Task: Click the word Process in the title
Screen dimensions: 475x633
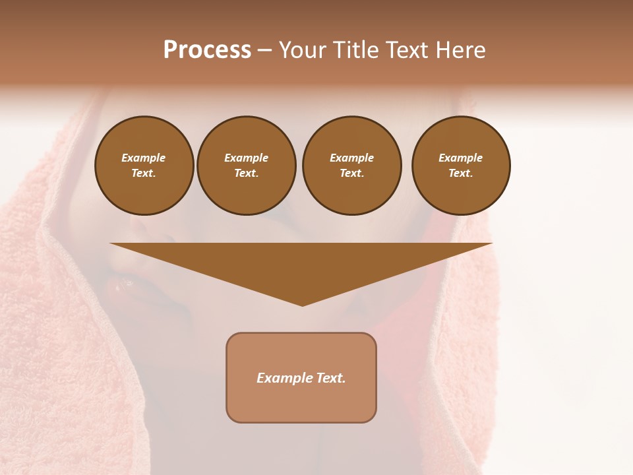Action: pyautogui.click(x=207, y=50)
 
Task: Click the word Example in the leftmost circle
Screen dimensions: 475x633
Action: pyautogui.click(x=144, y=158)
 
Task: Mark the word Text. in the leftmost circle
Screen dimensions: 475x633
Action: pyautogui.click(x=144, y=173)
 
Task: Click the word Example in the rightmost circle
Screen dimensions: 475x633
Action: pyautogui.click(x=460, y=158)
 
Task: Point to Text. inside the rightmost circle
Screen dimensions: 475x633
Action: pyautogui.click(x=460, y=173)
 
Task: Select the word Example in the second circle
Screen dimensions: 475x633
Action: pyautogui.click(x=246, y=158)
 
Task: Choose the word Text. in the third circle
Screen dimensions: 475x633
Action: pyautogui.click(x=351, y=173)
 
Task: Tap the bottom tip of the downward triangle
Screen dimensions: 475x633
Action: pyautogui.click(x=302, y=304)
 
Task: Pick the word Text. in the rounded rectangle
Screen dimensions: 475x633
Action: pyautogui.click(x=330, y=378)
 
